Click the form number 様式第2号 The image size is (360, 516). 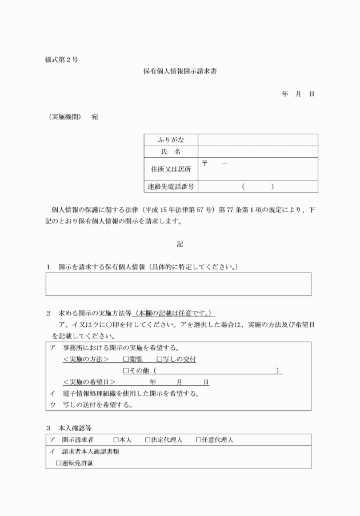pyautogui.click(x=62, y=59)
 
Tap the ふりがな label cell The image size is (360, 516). pyautogui.click(x=170, y=140)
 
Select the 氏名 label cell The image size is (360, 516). pyautogui.click(x=170, y=151)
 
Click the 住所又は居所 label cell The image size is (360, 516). pyautogui.click(x=170, y=169)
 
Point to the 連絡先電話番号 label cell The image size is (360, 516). pyautogui.click(x=170, y=186)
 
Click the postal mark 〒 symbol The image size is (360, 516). pyautogui.click(x=205, y=165)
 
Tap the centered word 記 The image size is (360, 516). pyautogui.click(x=179, y=244)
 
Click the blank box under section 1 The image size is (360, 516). pyautogui.click(x=179, y=284)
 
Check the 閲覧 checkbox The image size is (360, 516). pyautogui.click(x=126, y=359)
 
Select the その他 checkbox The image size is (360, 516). pyautogui.click(x=126, y=371)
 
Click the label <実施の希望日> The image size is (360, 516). pyautogui.click(x=90, y=382)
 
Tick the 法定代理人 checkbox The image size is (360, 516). pyautogui.click(x=147, y=440)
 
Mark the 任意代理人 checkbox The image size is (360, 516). pyautogui.click(x=198, y=440)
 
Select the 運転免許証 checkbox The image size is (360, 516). pyautogui.click(x=58, y=463)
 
